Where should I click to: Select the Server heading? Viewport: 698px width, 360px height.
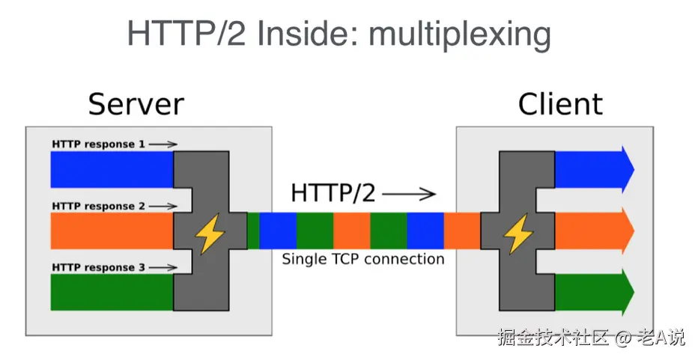tap(136, 104)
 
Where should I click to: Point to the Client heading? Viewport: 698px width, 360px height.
tap(560, 104)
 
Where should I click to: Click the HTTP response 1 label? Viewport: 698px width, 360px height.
tap(98, 144)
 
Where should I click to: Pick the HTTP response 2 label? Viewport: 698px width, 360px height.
tap(98, 206)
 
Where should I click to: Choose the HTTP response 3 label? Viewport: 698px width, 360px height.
tap(98, 267)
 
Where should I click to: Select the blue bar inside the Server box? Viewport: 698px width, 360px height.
tap(112, 170)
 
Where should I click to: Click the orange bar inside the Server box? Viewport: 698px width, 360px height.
tap(112, 231)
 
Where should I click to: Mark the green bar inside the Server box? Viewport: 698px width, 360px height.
tap(112, 293)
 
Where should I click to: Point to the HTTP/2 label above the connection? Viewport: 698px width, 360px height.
tap(333, 192)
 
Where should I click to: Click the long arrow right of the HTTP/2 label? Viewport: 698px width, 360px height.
tap(408, 195)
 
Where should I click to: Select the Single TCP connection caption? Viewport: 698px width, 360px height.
tap(363, 260)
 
